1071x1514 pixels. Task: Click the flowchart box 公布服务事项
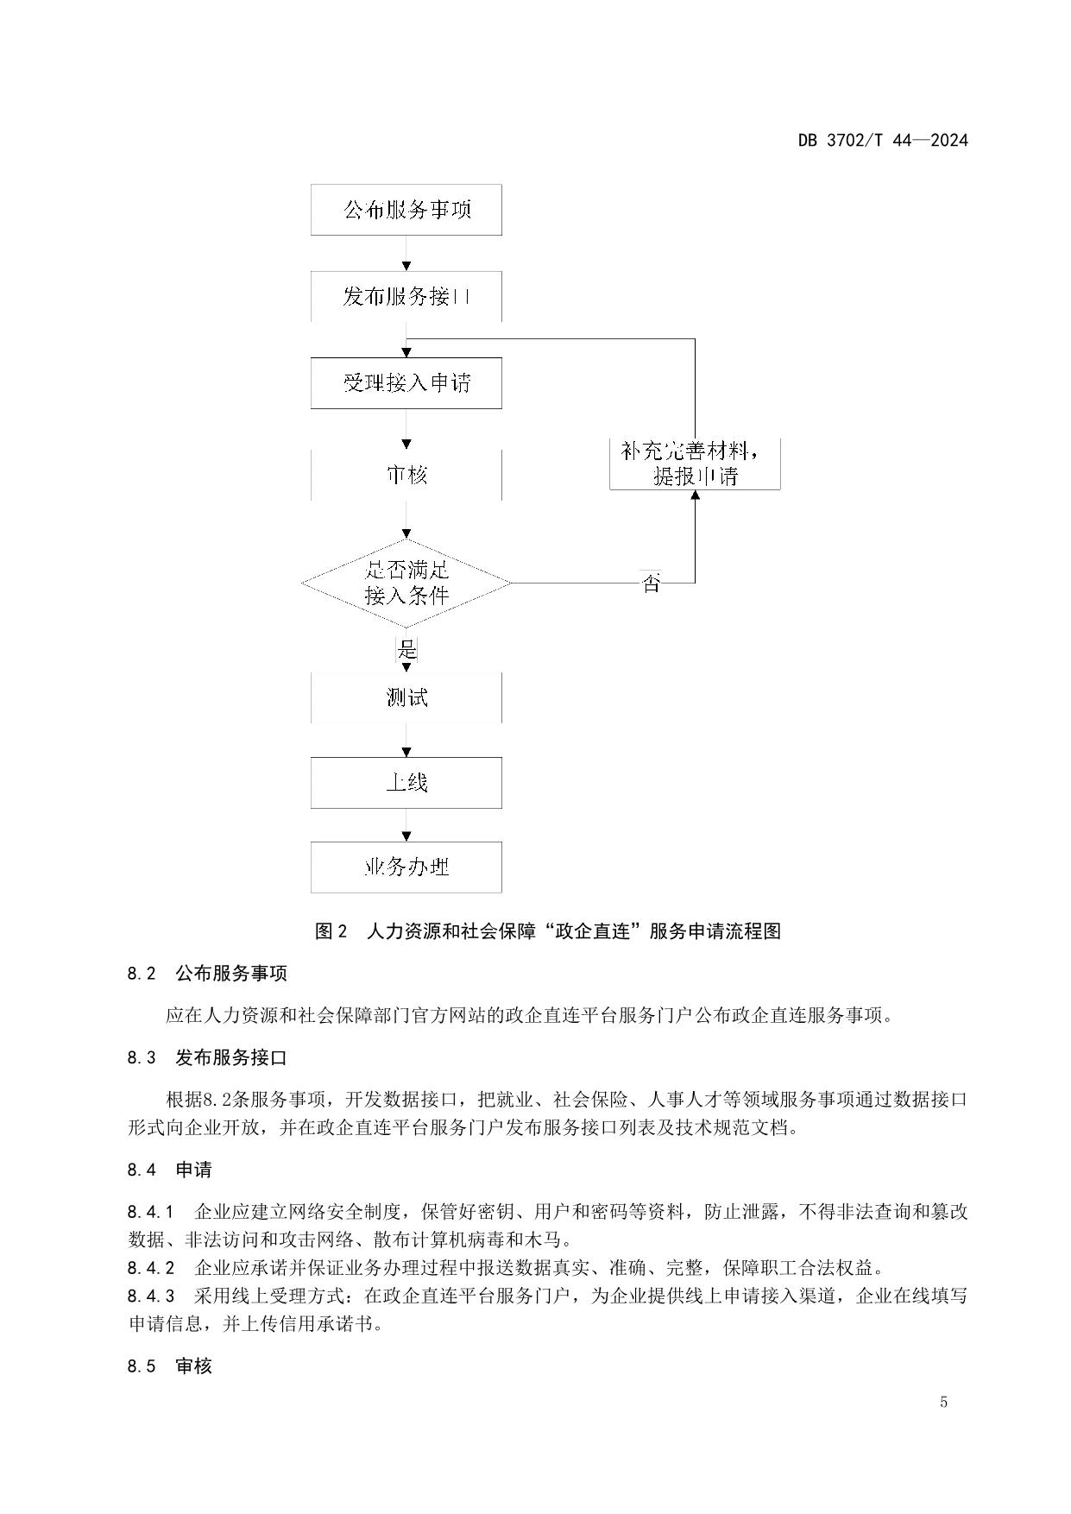[x=406, y=210]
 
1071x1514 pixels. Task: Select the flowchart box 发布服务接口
[x=406, y=297]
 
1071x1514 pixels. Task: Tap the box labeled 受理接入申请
[x=406, y=383]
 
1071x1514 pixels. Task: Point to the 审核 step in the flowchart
[x=406, y=475]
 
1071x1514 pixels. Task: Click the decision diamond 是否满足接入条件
[x=406, y=583]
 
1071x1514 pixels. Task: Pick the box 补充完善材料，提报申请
[x=695, y=464]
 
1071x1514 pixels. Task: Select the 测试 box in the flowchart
[x=406, y=697]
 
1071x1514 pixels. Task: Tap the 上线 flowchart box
[x=406, y=783]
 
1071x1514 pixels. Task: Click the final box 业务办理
[x=406, y=867]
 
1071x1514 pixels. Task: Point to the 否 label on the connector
[x=652, y=584]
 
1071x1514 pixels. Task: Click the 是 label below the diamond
[x=406, y=647]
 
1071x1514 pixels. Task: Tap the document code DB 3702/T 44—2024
[x=882, y=140]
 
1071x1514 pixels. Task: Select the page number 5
[x=943, y=1402]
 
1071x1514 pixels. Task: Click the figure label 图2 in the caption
[x=331, y=931]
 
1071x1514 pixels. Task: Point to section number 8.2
[x=142, y=974]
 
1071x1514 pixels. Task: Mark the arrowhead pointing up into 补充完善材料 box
[x=695, y=495]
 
